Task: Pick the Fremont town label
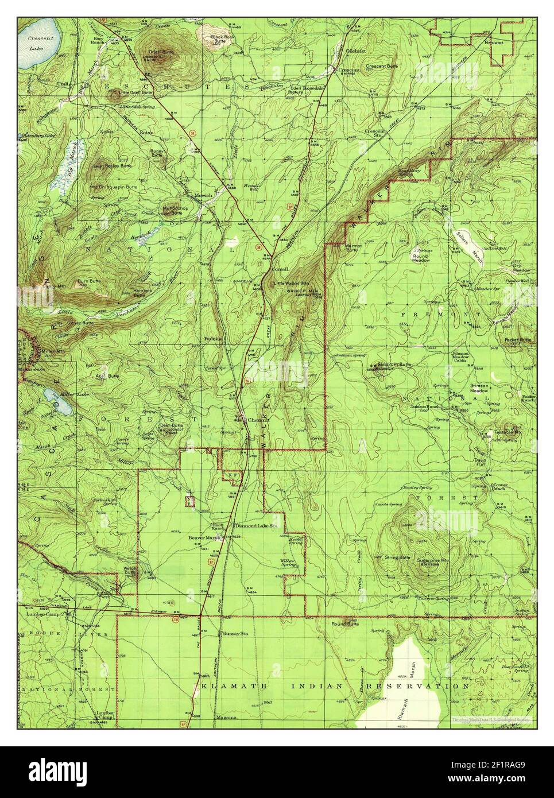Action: click(493, 42)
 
